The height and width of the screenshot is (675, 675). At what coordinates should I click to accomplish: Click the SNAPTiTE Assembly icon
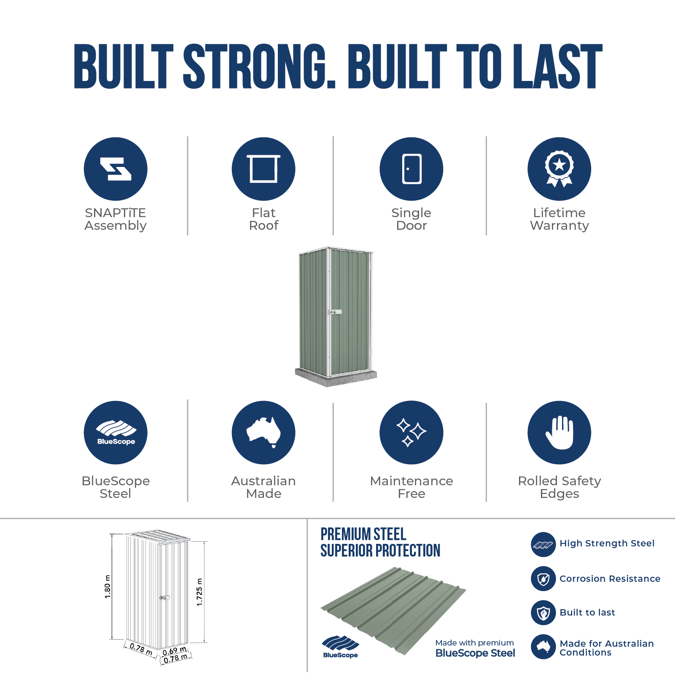pos(116,169)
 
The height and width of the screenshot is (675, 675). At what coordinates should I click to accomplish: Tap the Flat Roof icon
pos(264,169)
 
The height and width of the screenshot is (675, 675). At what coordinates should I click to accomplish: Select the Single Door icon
pos(411,169)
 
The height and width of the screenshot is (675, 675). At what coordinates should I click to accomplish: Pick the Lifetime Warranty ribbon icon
pos(559,169)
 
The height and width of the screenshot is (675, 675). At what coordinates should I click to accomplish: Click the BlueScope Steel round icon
pos(116,433)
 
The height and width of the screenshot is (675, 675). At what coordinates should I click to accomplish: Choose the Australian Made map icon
pos(264,433)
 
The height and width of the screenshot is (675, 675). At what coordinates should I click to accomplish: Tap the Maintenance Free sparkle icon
pos(411,433)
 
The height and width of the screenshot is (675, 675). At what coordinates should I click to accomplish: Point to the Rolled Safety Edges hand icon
pos(559,433)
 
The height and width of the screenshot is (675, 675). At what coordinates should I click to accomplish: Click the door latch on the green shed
pos(335,312)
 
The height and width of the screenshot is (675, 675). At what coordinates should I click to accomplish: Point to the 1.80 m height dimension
pos(108,586)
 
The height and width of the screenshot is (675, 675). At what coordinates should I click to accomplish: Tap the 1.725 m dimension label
pos(199,592)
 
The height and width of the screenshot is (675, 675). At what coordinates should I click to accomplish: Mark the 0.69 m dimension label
pos(175,651)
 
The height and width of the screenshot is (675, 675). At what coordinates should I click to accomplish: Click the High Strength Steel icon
pos(543,544)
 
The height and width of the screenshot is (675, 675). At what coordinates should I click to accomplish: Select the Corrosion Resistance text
pos(610,578)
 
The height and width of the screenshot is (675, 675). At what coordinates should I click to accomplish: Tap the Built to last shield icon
pos(543,613)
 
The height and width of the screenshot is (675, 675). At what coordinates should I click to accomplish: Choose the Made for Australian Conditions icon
pos(543,647)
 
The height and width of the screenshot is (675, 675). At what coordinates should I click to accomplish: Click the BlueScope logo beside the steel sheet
pos(340,646)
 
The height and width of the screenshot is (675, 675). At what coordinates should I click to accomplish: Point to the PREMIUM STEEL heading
pos(363,534)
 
